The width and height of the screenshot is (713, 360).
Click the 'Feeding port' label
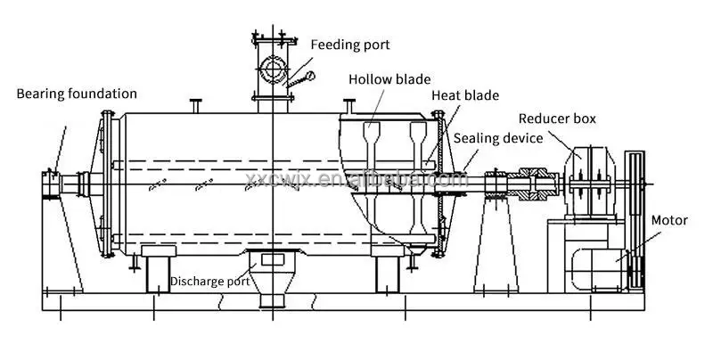[349, 44]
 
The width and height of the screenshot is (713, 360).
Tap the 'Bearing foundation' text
[77, 93]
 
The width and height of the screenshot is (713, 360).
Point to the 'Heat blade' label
[465, 95]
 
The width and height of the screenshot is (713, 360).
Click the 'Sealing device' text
[497, 137]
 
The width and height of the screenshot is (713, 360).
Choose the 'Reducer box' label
[558, 119]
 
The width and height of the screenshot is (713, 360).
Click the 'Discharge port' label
[210, 282]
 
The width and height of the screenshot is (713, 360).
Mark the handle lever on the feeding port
[299, 80]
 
